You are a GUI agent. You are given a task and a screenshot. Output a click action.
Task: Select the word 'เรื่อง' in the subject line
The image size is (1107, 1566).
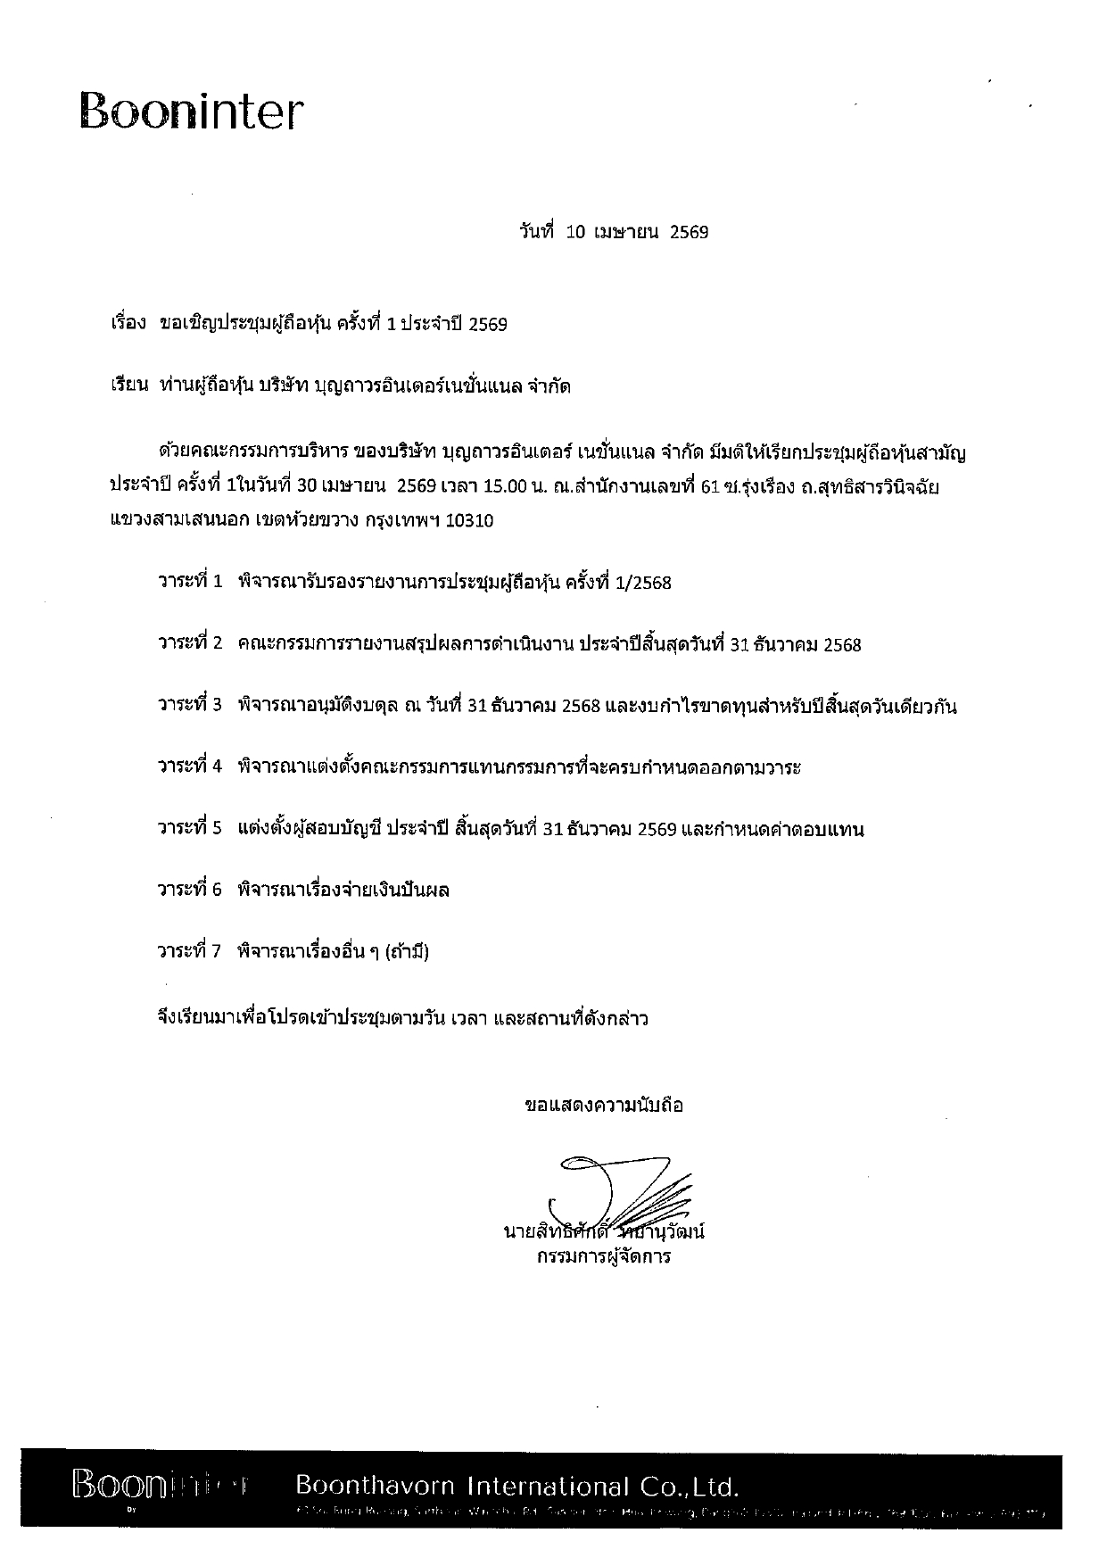128,324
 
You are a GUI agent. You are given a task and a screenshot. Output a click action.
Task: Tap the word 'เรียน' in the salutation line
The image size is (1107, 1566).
127,386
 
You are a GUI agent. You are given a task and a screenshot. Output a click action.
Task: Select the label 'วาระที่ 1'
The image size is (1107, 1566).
189,583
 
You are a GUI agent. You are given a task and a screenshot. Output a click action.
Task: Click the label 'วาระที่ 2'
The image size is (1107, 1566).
189,644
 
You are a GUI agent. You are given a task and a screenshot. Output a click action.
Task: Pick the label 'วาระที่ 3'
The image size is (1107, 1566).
189,706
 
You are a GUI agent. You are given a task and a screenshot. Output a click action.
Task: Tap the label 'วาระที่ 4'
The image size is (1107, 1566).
189,767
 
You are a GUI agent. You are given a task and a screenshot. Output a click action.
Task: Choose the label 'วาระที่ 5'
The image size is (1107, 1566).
189,829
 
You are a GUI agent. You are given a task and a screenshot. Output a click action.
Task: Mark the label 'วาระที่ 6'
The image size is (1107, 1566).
189,891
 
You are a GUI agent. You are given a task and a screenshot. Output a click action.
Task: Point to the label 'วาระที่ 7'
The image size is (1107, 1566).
189,952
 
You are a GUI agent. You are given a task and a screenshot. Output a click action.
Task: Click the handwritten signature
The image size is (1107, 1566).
620,1191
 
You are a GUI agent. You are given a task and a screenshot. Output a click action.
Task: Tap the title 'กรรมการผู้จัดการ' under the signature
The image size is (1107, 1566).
604,1258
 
